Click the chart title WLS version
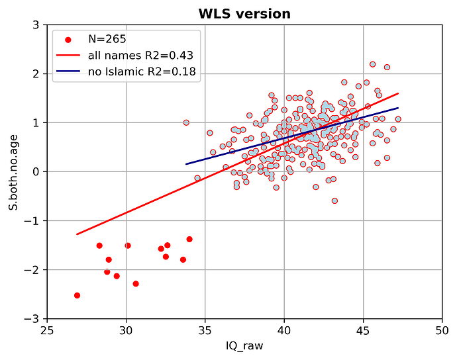pos(244,14)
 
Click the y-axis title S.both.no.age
pos(13,172)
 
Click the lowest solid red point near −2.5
pos(77,295)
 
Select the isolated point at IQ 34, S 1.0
pos(186,122)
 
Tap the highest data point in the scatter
pos(372,64)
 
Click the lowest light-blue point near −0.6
pos(334,201)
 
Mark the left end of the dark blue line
pos(186,164)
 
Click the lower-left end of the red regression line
pos(77,234)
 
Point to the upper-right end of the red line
pos(398,93)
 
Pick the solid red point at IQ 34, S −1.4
pos(189,239)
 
